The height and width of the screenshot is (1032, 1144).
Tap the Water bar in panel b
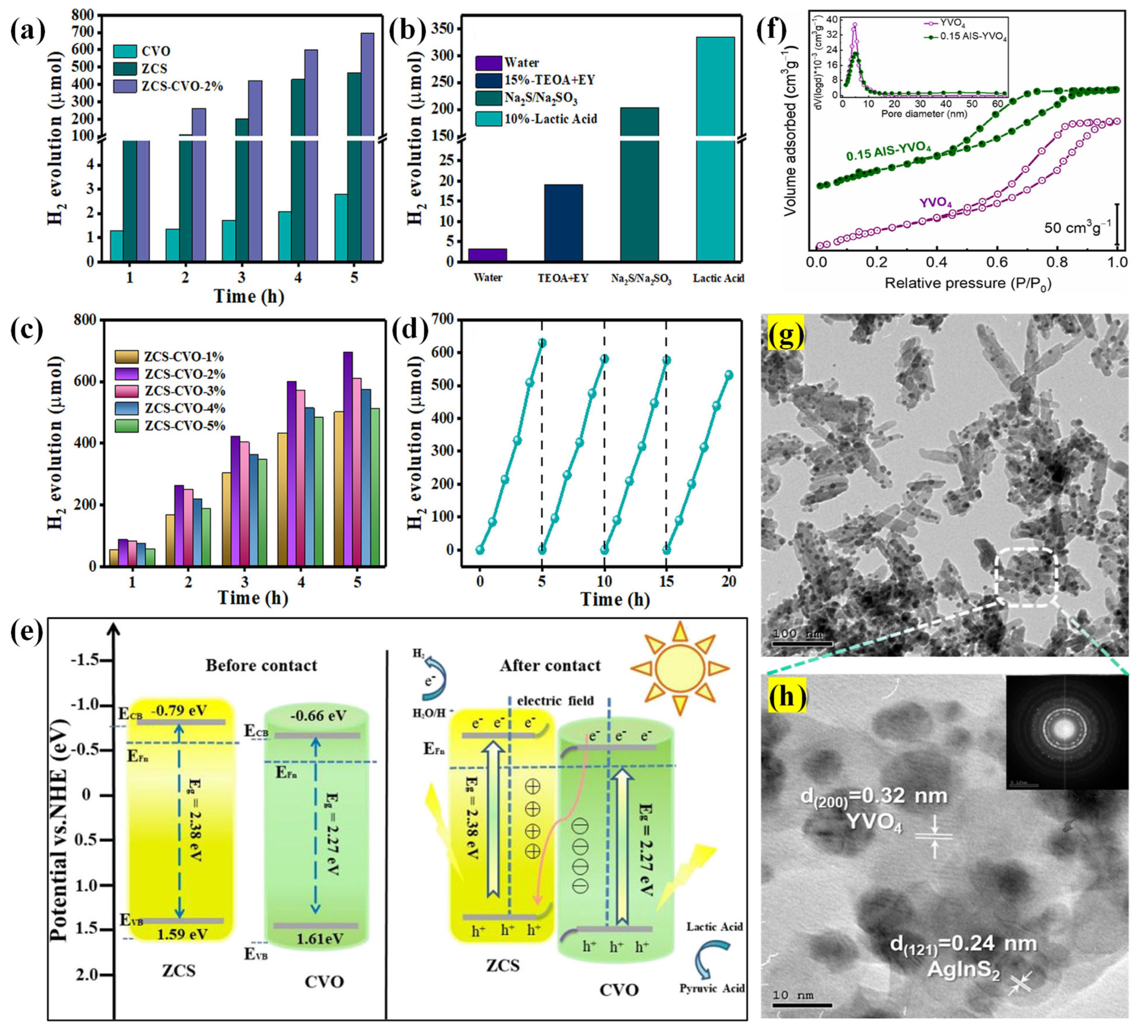click(487, 255)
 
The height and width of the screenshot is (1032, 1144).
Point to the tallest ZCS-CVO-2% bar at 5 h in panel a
click(367, 142)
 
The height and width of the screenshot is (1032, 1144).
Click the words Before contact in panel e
click(261, 665)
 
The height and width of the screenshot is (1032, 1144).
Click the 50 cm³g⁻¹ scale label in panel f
click(1076, 228)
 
